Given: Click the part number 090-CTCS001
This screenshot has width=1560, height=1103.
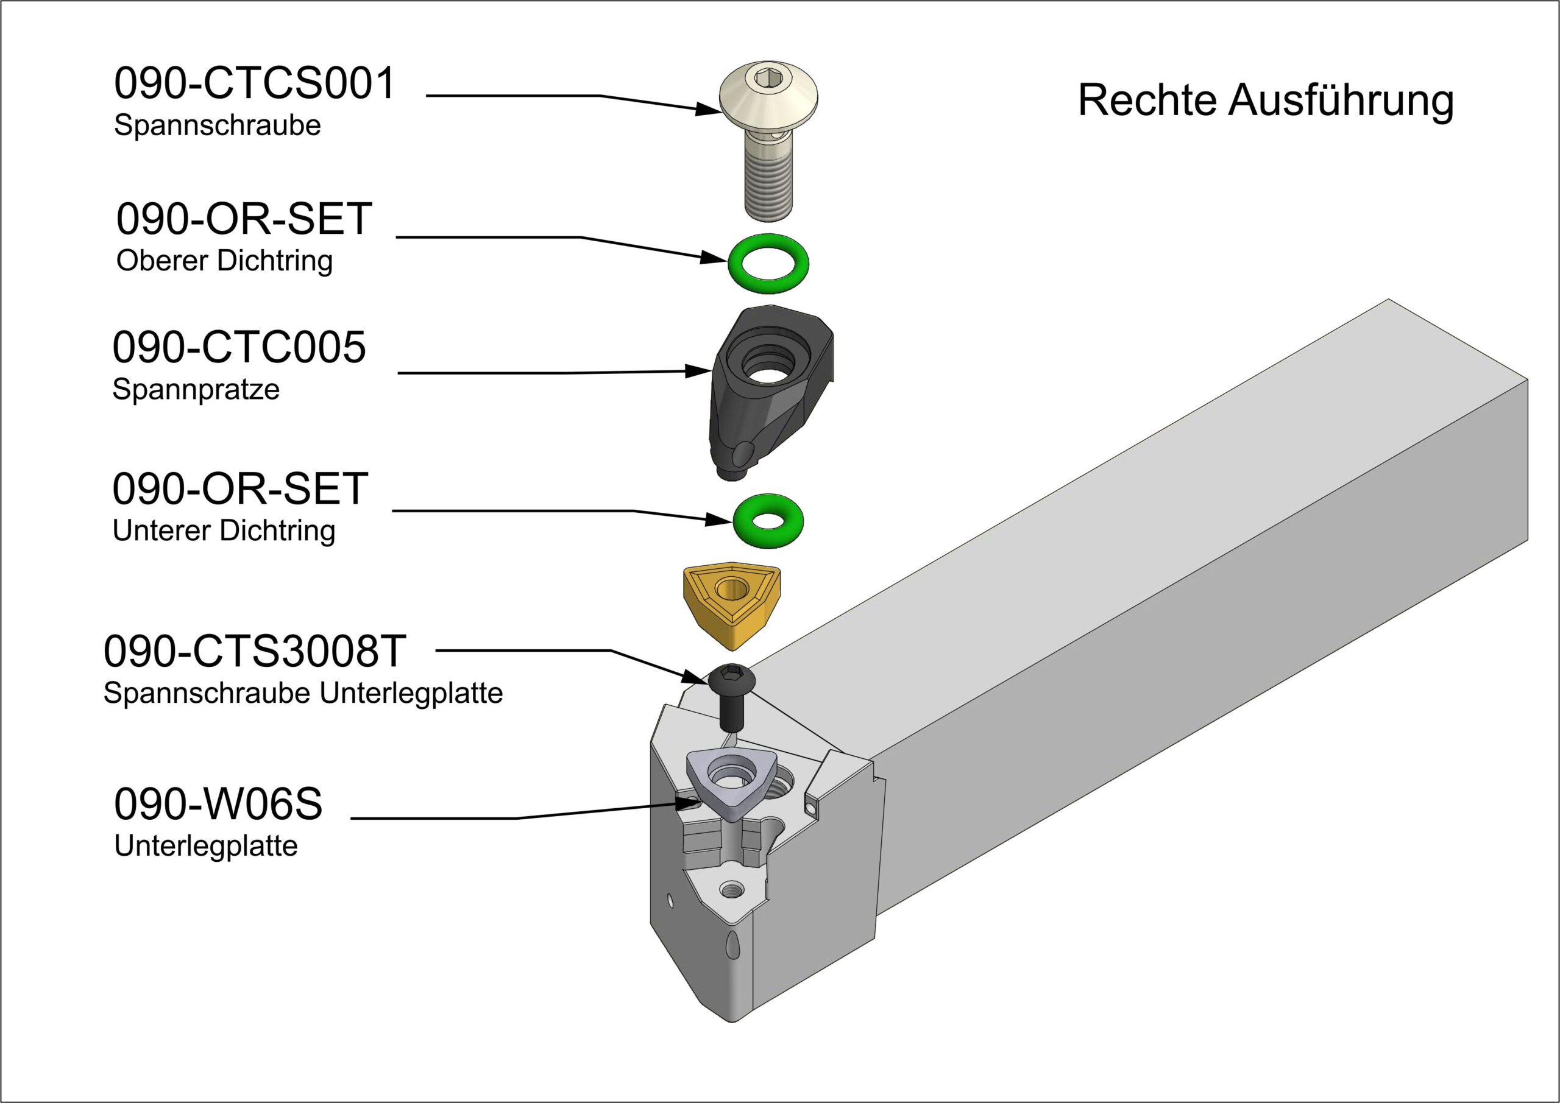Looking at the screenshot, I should [254, 84].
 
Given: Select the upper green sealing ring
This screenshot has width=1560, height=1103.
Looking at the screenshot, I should [768, 263].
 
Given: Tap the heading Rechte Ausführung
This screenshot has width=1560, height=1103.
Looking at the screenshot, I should [1265, 100].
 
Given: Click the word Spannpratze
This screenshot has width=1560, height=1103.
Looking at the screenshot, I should [196, 390].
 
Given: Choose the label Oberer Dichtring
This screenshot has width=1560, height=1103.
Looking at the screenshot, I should [224, 261].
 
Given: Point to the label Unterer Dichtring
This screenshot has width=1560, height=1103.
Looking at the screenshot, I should [224, 530].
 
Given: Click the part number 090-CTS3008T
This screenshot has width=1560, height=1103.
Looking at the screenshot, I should [255, 650].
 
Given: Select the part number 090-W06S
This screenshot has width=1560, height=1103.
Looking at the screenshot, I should [218, 803].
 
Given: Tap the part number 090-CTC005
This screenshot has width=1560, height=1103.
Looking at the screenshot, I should [239, 347].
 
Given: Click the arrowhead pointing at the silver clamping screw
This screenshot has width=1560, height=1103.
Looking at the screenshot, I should [709, 108].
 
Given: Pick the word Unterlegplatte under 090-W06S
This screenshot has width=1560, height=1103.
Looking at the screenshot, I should [206, 846].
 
